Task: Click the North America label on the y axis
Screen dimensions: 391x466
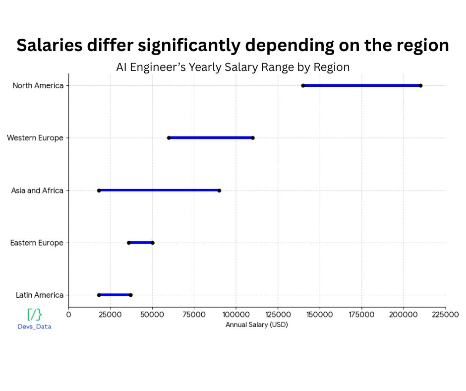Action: [x=38, y=85]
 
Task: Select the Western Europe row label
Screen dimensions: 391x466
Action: [x=35, y=138]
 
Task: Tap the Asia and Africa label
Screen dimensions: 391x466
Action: [x=37, y=190]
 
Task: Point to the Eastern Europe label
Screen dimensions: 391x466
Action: [x=37, y=243]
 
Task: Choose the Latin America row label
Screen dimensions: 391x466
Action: [x=40, y=295]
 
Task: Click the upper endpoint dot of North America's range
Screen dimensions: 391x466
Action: [x=420, y=85]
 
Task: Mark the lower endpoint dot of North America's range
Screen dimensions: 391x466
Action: [x=303, y=85]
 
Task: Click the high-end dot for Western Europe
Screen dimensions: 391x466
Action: [x=253, y=137]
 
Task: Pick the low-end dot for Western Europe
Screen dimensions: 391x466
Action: [x=169, y=137]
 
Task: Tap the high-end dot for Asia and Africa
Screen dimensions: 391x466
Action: [x=219, y=190]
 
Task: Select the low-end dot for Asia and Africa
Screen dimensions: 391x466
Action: [x=99, y=190]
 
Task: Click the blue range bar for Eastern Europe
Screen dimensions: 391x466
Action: [x=141, y=243]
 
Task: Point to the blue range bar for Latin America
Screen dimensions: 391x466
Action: [x=115, y=295]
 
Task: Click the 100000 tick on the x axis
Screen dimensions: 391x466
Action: [x=236, y=314]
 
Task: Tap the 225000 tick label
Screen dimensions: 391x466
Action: [x=445, y=314]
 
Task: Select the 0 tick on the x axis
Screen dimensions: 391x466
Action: [x=69, y=314]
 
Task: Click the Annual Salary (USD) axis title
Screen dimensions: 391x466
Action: [x=257, y=325]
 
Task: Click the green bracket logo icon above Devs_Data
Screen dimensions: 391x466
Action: [x=34, y=315]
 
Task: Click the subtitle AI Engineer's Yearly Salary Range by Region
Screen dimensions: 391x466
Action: [x=233, y=67]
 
